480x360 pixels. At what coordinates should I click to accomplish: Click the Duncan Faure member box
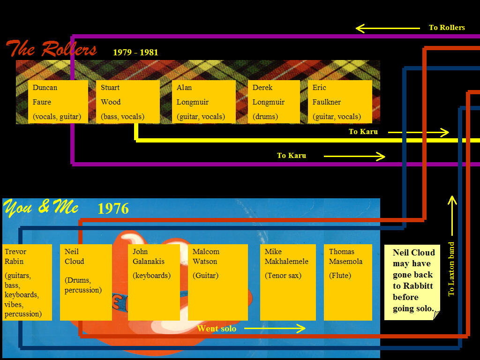pyautogui.click(x=58, y=102)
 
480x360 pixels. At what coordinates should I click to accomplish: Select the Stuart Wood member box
pyautogui.click(x=128, y=102)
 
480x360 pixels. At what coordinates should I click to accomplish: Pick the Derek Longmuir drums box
pyautogui.click(x=274, y=102)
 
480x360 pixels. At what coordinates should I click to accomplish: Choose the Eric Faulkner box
pyautogui.click(x=340, y=102)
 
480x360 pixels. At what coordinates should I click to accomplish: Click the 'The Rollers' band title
pyautogui.click(x=51, y=49)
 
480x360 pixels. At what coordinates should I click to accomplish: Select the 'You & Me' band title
pyautogui.click(x=41, y=207)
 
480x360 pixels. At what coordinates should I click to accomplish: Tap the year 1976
pyautogui.click(x=113, y=209)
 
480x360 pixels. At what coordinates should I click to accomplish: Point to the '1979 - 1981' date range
pyautogui.click(x=135, y=52)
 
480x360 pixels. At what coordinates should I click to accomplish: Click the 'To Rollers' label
pyautogui.click(x=447, y=28)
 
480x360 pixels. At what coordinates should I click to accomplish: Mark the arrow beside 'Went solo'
pyautogui.click(x=275, y=329)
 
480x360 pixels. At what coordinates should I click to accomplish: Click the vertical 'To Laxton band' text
pyautogui.click(x=451, y=269)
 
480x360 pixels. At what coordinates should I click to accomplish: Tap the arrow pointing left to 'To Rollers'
pyautogui.click(x=388, y=29)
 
